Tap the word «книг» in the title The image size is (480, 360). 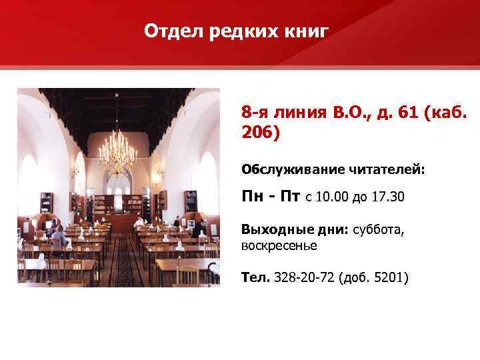306,32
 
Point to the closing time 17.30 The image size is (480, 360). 386,198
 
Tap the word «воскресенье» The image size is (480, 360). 279,245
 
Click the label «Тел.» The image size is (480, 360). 255,276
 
